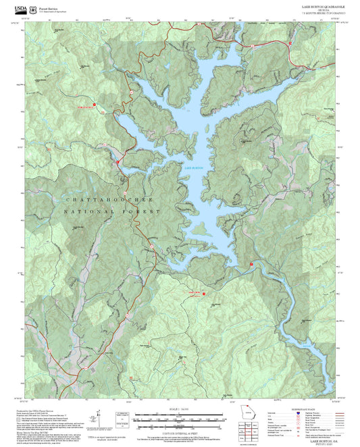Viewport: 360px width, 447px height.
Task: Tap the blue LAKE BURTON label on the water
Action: [x=193, y=167]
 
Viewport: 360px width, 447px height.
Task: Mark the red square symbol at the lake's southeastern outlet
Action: [x=251, y=263]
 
